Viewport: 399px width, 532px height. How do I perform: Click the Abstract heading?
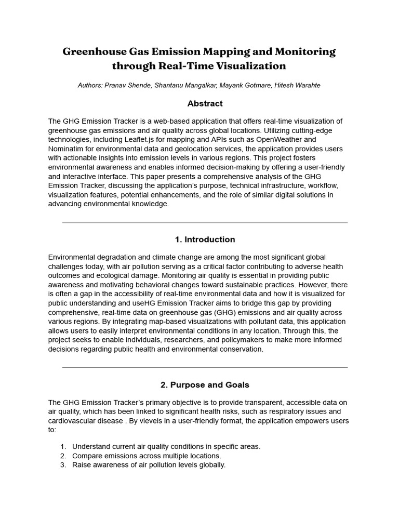click(205, 103)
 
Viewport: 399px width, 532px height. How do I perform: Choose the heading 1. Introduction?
click(205, 240)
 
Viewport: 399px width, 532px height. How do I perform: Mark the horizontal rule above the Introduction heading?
click(205, 223)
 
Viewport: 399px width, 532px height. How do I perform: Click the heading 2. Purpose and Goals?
click(205, 385)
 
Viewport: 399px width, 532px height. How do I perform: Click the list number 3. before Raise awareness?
click(63, 465)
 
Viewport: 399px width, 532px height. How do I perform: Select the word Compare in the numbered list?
click(87, 456)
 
